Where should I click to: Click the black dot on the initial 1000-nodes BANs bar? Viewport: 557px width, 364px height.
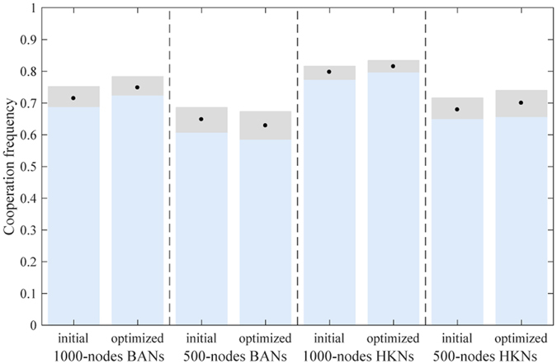coord(73,98)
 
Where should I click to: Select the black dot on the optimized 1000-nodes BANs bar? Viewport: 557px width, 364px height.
coord(137,87)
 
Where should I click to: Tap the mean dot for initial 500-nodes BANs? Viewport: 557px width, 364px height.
coord(201,119)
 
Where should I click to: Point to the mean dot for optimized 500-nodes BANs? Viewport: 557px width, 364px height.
coord(265,125)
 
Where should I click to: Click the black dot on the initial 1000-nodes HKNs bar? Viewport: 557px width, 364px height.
coord(329,72)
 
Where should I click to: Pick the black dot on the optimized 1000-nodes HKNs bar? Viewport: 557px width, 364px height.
coord(393,66)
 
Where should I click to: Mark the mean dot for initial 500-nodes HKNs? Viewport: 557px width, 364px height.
coord(457,110)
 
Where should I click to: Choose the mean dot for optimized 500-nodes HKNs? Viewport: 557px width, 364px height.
coord(521,103)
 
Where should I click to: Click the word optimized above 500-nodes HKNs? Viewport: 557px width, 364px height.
coord(521,338)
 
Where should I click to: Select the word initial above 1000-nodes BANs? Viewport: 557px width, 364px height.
coord(73,338)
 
